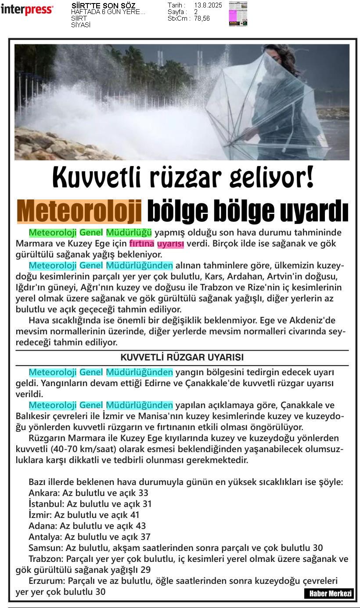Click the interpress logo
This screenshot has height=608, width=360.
[27, 9]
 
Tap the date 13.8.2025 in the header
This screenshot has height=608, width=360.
[208, 5]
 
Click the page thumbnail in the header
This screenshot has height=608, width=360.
[238, 14]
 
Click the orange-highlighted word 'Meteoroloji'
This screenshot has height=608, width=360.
[79, 211]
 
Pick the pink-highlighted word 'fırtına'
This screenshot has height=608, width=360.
[141, 243]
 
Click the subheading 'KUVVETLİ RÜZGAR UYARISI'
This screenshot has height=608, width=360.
[182, 357]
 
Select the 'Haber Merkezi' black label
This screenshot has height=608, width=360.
[328, 594]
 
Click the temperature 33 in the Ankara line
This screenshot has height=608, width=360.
[143, 493]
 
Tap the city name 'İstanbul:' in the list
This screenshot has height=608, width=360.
[47, 504]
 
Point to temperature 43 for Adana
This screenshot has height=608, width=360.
[140, 526]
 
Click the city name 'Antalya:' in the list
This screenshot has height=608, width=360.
[45, 537]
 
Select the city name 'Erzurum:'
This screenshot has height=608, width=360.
[47, 581]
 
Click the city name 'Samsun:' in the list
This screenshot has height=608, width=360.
[46, 548]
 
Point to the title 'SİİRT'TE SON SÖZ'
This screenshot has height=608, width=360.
[103, 6]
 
